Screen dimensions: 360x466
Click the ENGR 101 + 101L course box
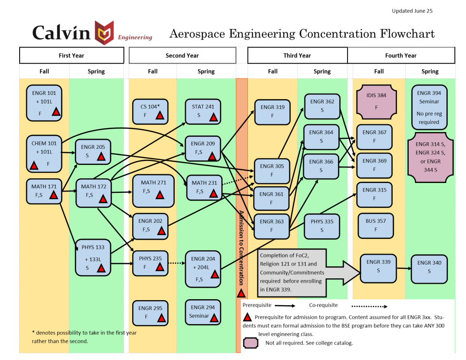[44, 103]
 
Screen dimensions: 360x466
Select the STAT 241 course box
[203, 111]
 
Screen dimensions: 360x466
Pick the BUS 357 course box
[375, 225]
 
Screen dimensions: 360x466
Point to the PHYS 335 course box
[322, 225]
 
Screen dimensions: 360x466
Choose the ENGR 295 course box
[150, 313]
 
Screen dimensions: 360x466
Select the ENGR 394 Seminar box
[429, 107]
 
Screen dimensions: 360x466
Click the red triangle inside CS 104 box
[160, 115]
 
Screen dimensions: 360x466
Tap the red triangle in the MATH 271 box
[160, 195]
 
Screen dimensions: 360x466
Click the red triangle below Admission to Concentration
[242, 293]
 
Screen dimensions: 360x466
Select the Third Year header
[297, 56]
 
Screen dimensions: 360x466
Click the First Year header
[71, 56]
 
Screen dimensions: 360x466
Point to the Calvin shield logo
[104, 32]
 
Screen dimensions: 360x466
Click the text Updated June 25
[412, 11]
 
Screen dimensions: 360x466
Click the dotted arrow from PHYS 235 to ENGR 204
[175, 263]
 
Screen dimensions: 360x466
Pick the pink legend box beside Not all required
[251, 343]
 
